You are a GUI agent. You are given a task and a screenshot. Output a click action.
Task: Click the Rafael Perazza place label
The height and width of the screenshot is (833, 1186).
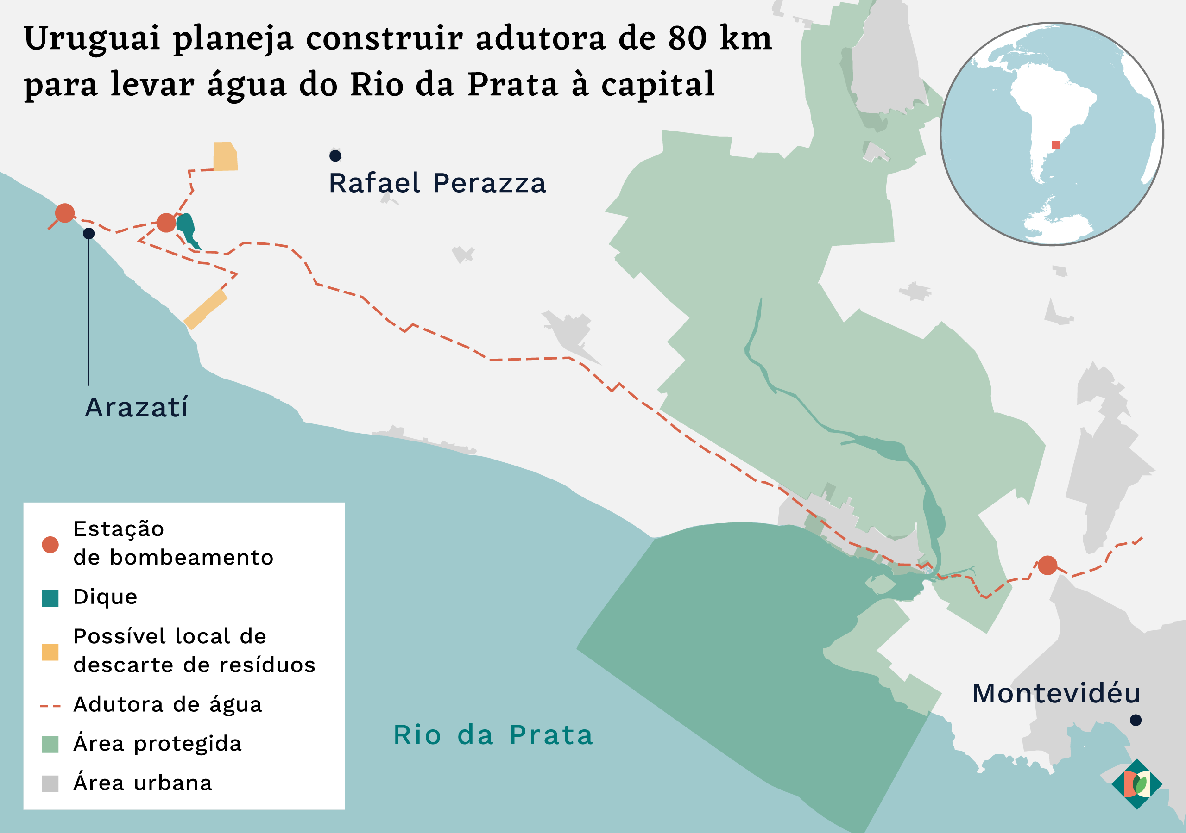coord(437,183)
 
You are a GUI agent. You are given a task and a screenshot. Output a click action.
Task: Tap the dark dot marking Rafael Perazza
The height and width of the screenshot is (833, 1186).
coord(335,155)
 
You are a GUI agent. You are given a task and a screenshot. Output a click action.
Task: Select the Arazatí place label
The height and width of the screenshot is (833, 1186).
coord(136,407)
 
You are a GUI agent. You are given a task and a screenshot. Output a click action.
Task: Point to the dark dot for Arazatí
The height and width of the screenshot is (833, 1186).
coord(89,234)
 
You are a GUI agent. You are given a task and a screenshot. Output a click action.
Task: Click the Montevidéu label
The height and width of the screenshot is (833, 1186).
coord(1056,693)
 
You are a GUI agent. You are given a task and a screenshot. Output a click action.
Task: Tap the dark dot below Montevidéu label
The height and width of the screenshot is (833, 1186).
coord(1136,720)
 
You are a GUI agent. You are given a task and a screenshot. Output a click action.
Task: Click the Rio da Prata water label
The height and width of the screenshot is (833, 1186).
coord(493,735)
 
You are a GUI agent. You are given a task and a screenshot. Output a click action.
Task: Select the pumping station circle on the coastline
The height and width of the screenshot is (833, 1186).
coord(64,212)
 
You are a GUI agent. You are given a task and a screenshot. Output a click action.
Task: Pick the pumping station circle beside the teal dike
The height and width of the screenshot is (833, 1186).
coord(166,223)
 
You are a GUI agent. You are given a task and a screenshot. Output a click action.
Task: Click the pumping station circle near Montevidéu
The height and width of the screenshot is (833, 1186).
coord(1047,565)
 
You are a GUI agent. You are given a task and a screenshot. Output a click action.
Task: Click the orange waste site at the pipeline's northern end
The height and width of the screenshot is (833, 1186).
coord(225,156)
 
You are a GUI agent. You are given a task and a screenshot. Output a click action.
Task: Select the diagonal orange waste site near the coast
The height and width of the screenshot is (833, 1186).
coord(206,309)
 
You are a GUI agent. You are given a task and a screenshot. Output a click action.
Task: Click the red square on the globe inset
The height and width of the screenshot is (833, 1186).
coord(1056,145)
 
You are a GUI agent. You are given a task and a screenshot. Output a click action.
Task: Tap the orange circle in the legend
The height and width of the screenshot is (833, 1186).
coord(50,545)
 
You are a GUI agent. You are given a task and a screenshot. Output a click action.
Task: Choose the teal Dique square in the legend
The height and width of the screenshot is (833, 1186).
coord(50,598)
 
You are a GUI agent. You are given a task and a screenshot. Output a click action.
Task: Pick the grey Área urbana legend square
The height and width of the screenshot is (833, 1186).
coord(50,783)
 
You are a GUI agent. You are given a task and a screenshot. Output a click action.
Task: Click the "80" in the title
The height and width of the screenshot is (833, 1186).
coord(687,38)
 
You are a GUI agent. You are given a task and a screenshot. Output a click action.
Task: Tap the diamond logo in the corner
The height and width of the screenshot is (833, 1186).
coord(1136,784)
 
